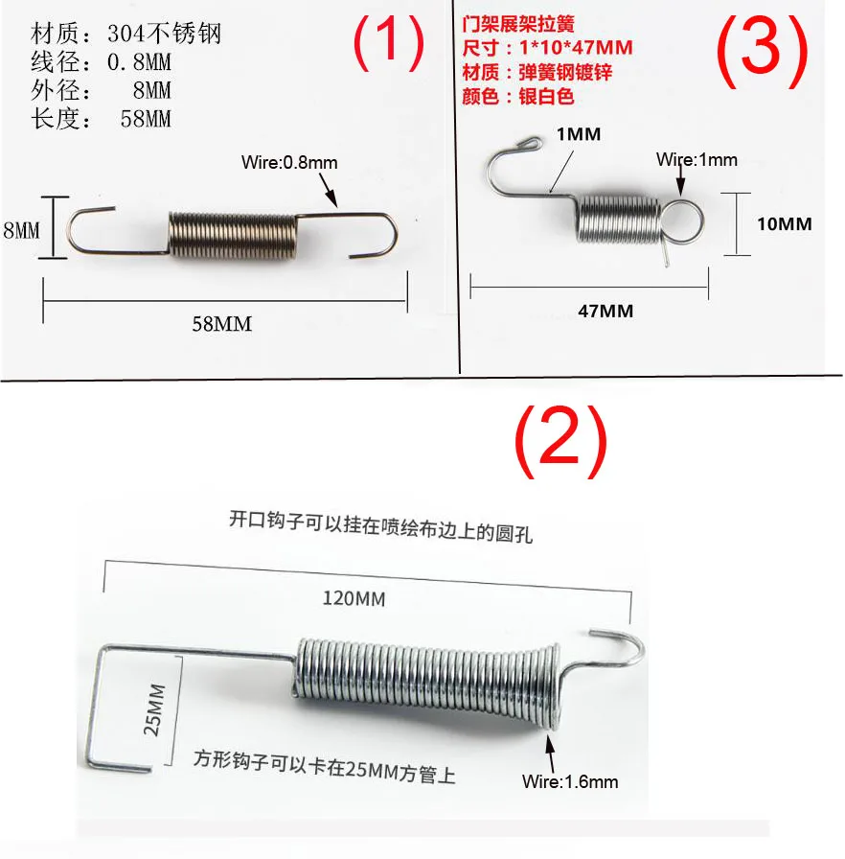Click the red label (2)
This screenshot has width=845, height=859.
pos(561,441)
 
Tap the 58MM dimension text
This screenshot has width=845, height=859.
pos(222,324)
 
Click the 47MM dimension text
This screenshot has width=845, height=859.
pos(605,311)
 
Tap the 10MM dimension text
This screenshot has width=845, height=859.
pos(784,223)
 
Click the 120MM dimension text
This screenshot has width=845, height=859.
pos(354,599)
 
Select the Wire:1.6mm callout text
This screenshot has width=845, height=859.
pos(570,781)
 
